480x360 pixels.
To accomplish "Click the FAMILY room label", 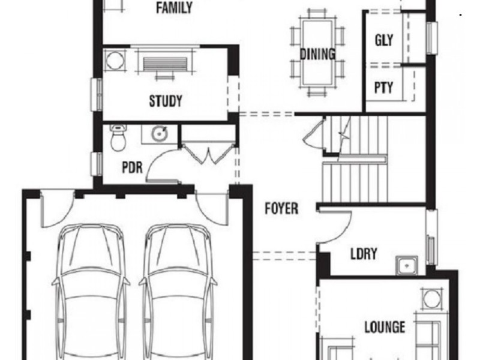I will [x=174, y=8].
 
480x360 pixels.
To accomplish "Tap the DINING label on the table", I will [x=317, y=54].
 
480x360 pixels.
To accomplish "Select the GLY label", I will [x=384, y=41].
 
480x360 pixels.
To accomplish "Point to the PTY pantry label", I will [x=383, y=88].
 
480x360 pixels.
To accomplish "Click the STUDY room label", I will [x=166, y=101].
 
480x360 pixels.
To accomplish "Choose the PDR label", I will [x=132, y=167].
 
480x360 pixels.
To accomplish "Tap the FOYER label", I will [x=282, y=209].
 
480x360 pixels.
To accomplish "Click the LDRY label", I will [x=364, y=254].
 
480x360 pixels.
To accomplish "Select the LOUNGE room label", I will [x=385, y=327].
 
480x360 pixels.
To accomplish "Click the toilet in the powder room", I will [x=118, y=138].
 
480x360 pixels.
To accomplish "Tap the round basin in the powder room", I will [x=159, y=133].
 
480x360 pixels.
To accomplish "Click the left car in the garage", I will [x=91, y=288].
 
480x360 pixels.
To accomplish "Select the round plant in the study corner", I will [x=113, y=59].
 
